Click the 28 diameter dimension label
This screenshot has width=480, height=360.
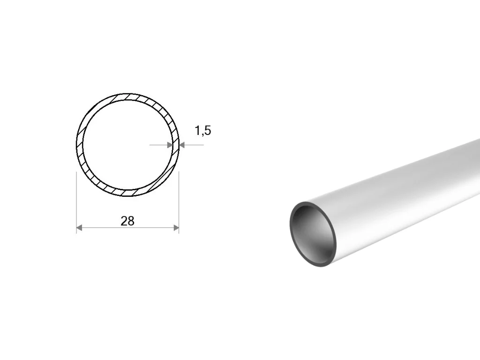127,221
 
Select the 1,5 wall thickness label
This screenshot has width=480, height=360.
203,131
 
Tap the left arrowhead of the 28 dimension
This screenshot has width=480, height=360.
79,227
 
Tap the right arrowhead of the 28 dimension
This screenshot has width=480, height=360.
176,227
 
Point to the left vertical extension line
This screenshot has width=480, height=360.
76,202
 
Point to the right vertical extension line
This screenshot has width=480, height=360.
179,202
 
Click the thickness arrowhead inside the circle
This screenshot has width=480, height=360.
169,145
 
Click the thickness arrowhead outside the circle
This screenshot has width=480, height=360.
182,145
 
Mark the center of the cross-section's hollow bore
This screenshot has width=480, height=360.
127,145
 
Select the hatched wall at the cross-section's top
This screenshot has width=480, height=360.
127,97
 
